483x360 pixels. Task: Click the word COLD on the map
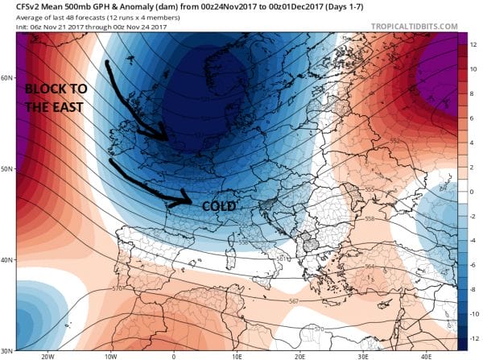click(x=218, y=207)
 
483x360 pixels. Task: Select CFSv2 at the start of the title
click(x=18, y=6)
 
